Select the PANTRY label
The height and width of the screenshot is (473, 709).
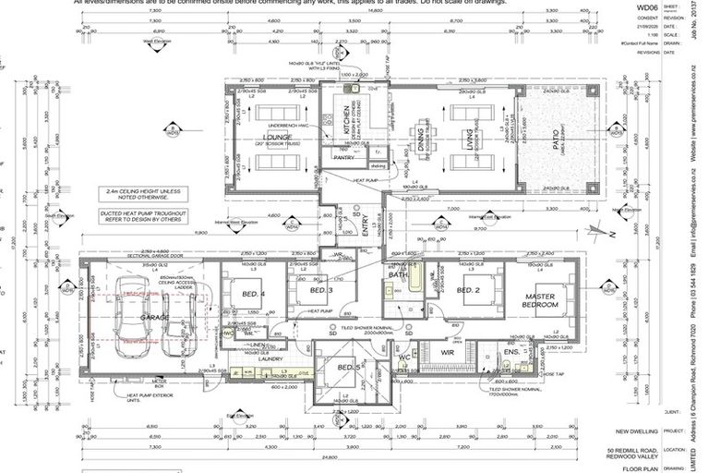tap(343, 158)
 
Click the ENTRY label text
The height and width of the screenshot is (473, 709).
tap(366, 227)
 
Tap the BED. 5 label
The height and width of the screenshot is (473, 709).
tap(348, 367)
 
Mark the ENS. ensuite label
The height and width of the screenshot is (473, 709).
tap(511, 353)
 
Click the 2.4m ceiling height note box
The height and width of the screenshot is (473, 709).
tap(138, 194)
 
